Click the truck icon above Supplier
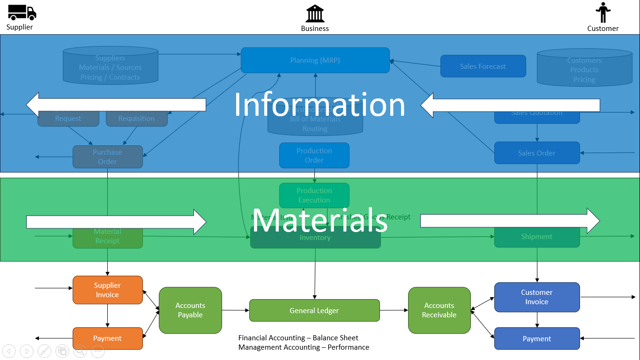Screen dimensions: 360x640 click(22, 12)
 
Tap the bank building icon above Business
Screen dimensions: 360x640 click(315, 14)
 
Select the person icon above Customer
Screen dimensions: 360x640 click(603, 12)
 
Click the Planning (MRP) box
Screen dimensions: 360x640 click(315, 60)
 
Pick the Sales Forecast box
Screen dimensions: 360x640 click(483, 67)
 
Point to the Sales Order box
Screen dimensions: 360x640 click(537, 153)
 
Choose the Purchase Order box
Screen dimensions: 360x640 click(107, 157)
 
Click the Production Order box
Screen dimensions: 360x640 click(314, 155)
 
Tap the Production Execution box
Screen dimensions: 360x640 click(314, 195)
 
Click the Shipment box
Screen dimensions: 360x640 click(537, 237)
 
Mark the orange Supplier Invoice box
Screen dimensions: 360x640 click(107, 290)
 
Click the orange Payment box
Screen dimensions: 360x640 click(107, 338)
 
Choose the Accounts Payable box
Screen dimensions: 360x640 click(190, 310)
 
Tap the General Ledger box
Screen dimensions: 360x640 click(314, 310)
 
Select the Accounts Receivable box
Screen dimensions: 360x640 click(439, 310)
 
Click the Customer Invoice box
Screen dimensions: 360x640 click(537, 297)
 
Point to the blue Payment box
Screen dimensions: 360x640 click(537, 339)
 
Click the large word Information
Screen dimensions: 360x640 click(320, 105)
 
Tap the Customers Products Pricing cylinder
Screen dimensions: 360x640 click(584, 69)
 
